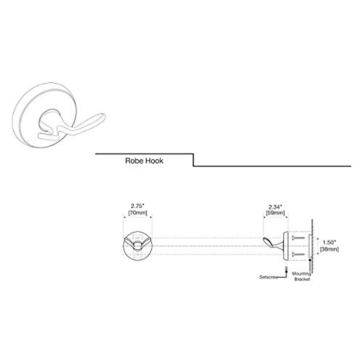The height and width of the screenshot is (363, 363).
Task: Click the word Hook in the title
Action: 154,161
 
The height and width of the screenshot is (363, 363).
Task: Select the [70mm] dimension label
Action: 137,213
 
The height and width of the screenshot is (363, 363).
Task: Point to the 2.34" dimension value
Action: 275,207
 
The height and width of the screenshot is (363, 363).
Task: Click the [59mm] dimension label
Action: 275,213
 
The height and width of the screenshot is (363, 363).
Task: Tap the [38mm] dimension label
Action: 329,250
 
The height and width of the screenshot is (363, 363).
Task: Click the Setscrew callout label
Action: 268,277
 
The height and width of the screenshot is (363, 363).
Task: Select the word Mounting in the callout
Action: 301,274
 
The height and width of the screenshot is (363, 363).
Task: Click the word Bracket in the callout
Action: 302,279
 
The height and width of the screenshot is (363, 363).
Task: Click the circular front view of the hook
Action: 137,246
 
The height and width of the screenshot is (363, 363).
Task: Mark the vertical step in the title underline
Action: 193,160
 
